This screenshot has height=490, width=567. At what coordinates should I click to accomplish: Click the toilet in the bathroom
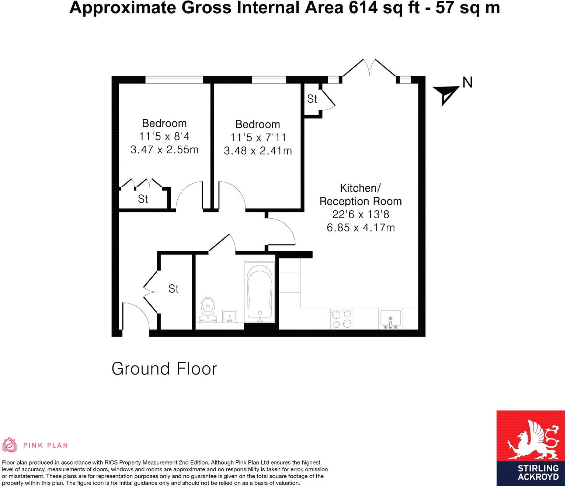point(208,310)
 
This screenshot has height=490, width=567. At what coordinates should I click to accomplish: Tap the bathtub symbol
point(260,292)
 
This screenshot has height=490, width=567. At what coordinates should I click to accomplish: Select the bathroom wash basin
point(230,316)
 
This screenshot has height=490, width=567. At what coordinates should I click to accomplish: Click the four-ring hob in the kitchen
point(342,319)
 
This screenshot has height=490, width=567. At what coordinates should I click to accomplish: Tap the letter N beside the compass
point(467,82)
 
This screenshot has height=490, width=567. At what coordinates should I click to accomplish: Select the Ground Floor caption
point(164,369)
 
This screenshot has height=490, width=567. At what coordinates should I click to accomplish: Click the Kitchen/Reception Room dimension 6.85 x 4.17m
point(361,227)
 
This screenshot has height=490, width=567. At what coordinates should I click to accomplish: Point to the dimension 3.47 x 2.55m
point(164,150)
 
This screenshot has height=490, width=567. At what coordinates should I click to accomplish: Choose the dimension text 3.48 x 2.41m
point(258,150)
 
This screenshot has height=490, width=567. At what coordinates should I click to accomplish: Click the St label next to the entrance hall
point(173,289)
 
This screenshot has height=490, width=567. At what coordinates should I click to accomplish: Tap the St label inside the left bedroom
point(143,199)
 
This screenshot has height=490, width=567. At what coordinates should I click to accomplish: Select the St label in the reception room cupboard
point(312,99)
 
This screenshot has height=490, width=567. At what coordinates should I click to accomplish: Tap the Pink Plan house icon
point(10,445)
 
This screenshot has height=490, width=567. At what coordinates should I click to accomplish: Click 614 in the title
point(361,8)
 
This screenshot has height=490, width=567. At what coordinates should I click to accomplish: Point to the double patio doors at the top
point(370,68)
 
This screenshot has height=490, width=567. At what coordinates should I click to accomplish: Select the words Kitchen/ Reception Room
point(361,195)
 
